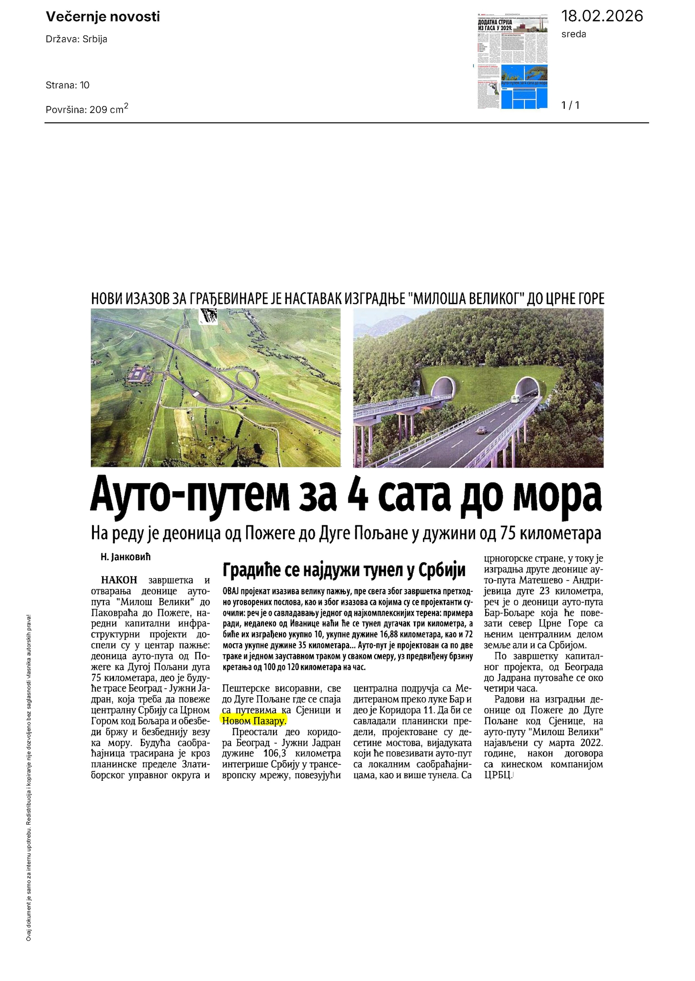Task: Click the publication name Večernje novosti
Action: click(x=103, y=17)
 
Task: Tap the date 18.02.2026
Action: click(x=602, y=16)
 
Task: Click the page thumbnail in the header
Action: click(x=513, y=60)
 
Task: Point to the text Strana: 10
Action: click(x=68, y=85)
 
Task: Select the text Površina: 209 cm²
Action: click(x=87, y=109)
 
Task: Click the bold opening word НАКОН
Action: click(x=119, y=580)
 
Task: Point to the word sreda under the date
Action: click(x=573, y=34)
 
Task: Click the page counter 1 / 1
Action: click(x=570, y=105)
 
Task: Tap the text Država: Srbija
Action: click(x=77, y=39)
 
